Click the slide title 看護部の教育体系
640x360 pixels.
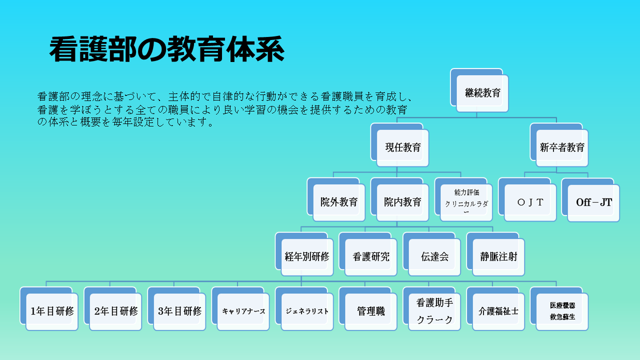click(x=167, y=49)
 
